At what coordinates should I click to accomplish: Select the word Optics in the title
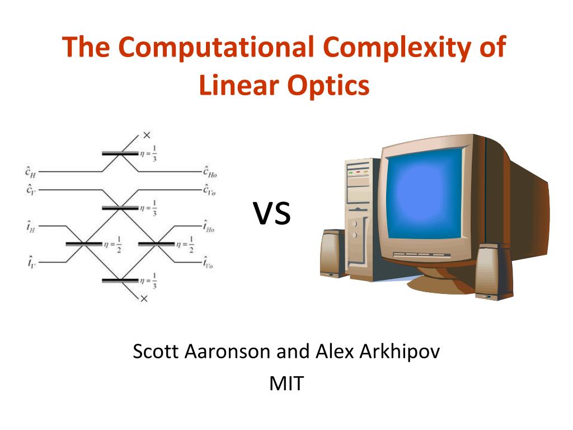(328, 86)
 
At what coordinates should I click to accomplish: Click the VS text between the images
(272, 213)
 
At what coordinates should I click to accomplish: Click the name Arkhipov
(400, 352)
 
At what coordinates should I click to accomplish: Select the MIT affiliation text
(286, 384)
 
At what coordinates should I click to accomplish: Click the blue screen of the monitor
(425, 194)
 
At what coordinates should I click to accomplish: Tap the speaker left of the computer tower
(332, 253)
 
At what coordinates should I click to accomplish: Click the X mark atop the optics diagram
(147, 135)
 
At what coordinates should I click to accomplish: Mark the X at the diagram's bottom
(144, 298)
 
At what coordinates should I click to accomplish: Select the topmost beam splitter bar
(120, 153)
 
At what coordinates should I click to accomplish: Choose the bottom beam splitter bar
(120, 281)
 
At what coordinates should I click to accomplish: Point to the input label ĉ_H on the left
(31, 171)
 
